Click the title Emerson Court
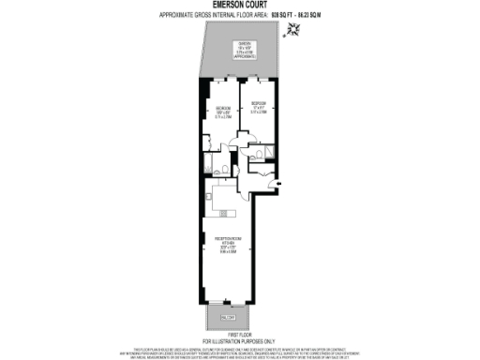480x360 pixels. coord(239,5)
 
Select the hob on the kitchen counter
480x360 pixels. coord(212,199)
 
